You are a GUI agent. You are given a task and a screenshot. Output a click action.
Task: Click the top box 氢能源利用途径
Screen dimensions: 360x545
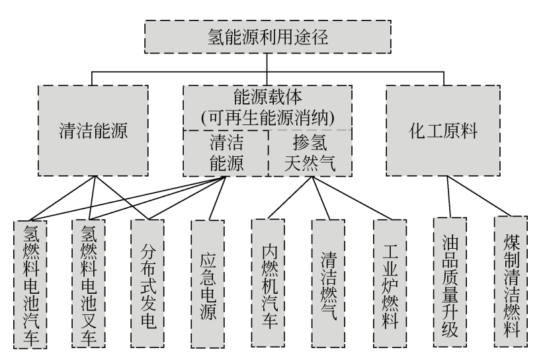(267, 36)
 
